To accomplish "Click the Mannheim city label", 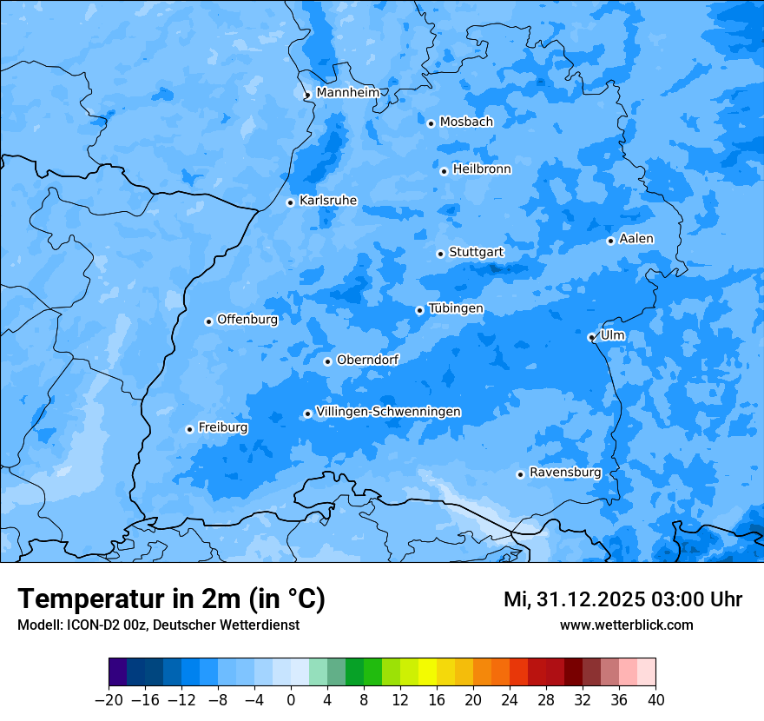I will [347, 93].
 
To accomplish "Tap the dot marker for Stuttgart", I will [440, 254].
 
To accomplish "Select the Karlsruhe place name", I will [327, 201].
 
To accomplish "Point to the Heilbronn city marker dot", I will [444, 171].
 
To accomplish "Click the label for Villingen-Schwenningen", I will [388, 412].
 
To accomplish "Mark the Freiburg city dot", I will [189, 429].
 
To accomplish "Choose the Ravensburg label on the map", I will [564, 473].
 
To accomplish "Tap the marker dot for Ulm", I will [591, 337].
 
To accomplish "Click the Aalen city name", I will [636, 239].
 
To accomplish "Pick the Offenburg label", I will [247, 320].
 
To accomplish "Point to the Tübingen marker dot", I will [419, 310].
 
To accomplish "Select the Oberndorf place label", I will [367, 360].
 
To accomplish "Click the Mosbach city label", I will [465, 122].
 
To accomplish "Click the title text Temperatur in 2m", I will [171, 599].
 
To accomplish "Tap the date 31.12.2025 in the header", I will [590, 599].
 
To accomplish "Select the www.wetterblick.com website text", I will [626, 625].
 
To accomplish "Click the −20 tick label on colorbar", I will [109, 700].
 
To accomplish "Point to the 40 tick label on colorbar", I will [655, 700].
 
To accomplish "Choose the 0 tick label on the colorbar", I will [291, 700].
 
